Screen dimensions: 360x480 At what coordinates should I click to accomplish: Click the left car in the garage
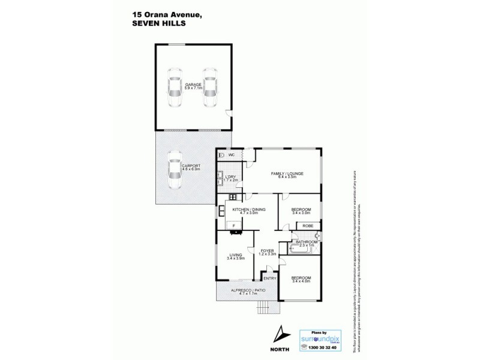coord(175,88)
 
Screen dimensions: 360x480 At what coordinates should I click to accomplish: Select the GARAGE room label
coord(193,85)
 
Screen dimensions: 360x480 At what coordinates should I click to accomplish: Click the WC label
coord(231,154)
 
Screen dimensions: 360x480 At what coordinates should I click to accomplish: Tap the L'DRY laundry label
coord(230,176)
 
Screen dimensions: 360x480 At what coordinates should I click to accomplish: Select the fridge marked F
coord(233,225)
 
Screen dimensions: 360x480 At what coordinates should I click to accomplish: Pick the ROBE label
coord(307,226)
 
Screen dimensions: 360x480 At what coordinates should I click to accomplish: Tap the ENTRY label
coord(269,278)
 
